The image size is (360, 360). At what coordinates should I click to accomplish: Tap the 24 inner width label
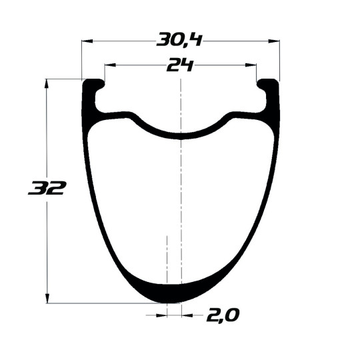tap(180, 65)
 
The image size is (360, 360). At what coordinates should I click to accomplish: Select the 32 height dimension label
tap(47, 188)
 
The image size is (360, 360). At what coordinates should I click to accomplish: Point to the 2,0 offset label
tap(223, 315)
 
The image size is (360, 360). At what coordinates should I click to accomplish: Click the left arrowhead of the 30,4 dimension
tap(87, 41)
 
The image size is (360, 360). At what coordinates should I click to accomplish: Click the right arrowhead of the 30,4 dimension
tap(274, 41)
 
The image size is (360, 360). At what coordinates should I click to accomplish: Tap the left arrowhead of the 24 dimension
tap(110, 65)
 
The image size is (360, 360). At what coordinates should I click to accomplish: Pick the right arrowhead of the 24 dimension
tap(251, 65)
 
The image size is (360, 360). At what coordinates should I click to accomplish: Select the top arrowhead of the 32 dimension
tap(47, 84)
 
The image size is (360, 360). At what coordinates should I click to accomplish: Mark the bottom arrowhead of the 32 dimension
tap(47, 298)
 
